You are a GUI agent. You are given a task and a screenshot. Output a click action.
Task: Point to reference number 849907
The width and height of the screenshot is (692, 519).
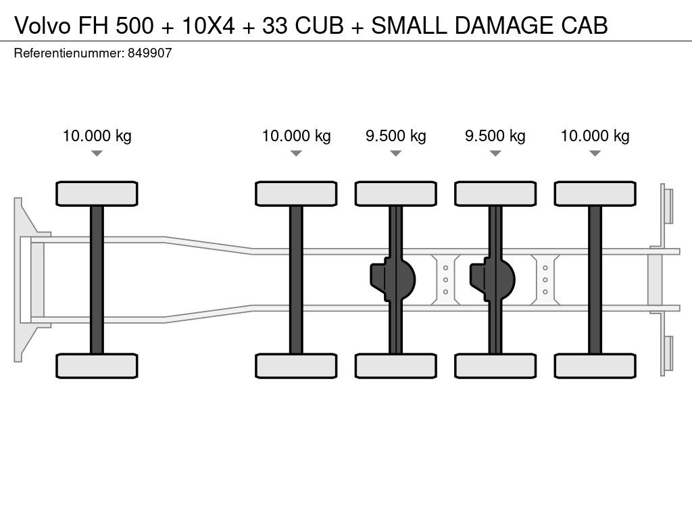coord(149,53)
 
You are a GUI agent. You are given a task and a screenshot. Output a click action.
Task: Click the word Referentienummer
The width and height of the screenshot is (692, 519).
coord(68,53)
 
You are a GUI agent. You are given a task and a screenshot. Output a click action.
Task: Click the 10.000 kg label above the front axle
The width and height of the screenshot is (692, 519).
coord(97,136)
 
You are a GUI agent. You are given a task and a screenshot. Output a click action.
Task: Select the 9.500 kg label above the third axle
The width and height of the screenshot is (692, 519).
coord(395,136)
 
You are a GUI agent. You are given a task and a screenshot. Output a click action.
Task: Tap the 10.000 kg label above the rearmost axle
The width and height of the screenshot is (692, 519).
coord(595,136)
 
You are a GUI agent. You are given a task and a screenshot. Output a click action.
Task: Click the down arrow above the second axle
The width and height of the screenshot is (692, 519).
coord(296,153)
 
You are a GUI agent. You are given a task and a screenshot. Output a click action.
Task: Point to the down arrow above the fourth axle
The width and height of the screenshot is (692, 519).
coord(495,153)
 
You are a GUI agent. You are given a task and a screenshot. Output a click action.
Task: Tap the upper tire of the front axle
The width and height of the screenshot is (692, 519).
coord(97,193)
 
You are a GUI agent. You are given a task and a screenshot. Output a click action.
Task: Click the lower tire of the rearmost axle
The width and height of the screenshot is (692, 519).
coord(595,366)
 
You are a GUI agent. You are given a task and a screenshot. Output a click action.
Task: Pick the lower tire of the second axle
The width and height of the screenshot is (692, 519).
coord(296,366)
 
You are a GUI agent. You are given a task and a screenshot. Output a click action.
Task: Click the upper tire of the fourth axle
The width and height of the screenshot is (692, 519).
coord(495,193)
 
